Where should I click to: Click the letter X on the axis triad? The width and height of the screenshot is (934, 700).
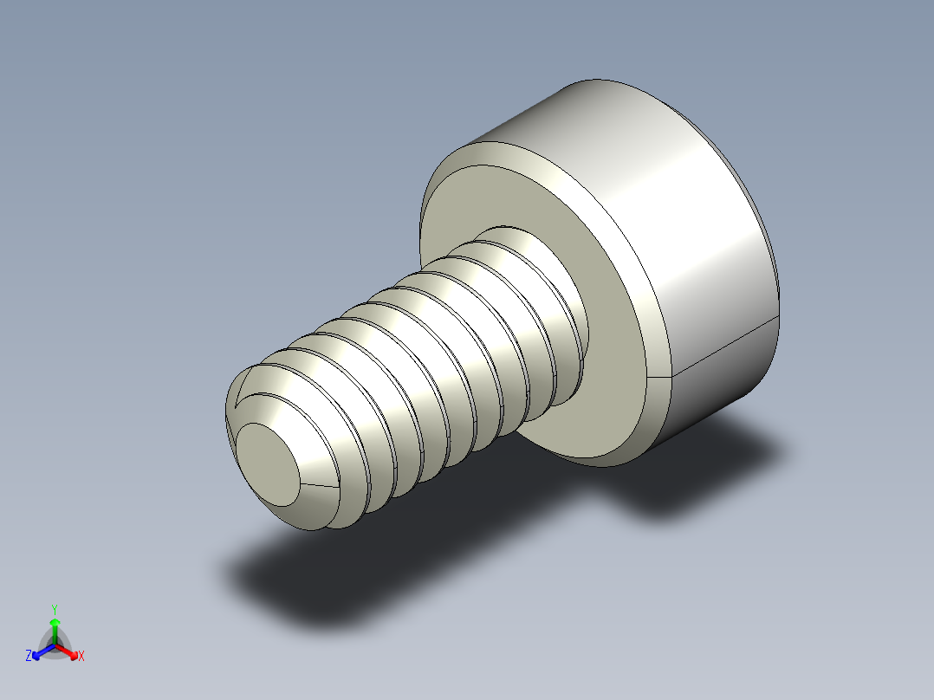(81, 657)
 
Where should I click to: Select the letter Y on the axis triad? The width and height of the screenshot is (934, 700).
(55, 609)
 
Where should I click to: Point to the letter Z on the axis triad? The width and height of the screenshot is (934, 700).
(29, 657)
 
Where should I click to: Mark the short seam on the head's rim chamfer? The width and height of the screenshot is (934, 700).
(658, 378)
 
